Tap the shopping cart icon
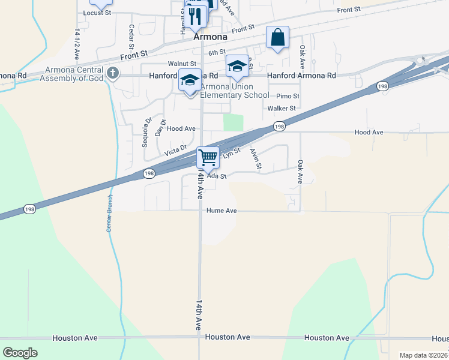pyautogui.click(x=208, y=158)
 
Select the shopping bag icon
pyautogui.click(x=277, y=37)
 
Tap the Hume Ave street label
pyautogui.click(x=222, y=211)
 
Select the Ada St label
pyautogui.click(x=216, y=176)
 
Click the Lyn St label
pyautogui.click(x=232, y=154)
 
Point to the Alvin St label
pyautogui.click(x=256, y=160)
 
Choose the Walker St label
pyautogui.click(x=282, y=109)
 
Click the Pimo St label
pyautogui.click(x=288, y=96)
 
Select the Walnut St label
pyautogui.click(x=182, y=64)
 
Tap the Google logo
pyautogui.click(x=20, y=352)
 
